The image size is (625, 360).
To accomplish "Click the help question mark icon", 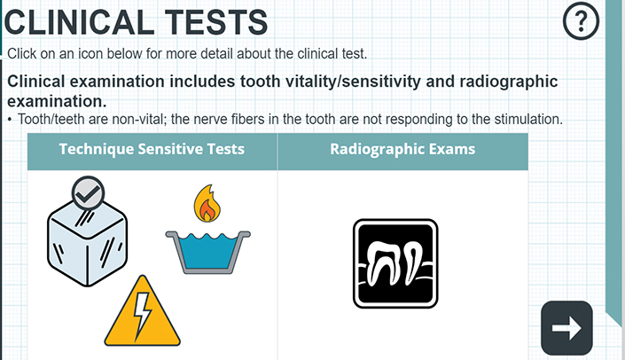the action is click(x=581, y=20).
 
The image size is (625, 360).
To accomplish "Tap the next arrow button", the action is click(x=566, y=328).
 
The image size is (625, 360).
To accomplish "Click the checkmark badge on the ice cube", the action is click(x=88, y=193).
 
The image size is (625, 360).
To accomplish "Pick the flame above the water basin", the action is click(x=207, y=203).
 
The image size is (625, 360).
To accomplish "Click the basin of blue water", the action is click(x=207, y=252).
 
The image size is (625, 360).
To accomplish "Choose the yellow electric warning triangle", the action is click(x=143, y=311).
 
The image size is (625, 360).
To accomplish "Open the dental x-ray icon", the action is click(x=395, y=263).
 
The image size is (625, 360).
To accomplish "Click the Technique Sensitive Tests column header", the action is click(x=152, y=149).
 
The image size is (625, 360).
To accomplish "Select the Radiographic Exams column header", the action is click(x=402, y=149).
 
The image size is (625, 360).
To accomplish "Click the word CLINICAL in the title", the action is click(x=79, y=22).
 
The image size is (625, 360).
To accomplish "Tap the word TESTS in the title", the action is click(x=216, y=22).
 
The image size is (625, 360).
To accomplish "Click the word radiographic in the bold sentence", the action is click(x=509, y=82).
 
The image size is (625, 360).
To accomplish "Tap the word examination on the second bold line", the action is click(x=57, y=101).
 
